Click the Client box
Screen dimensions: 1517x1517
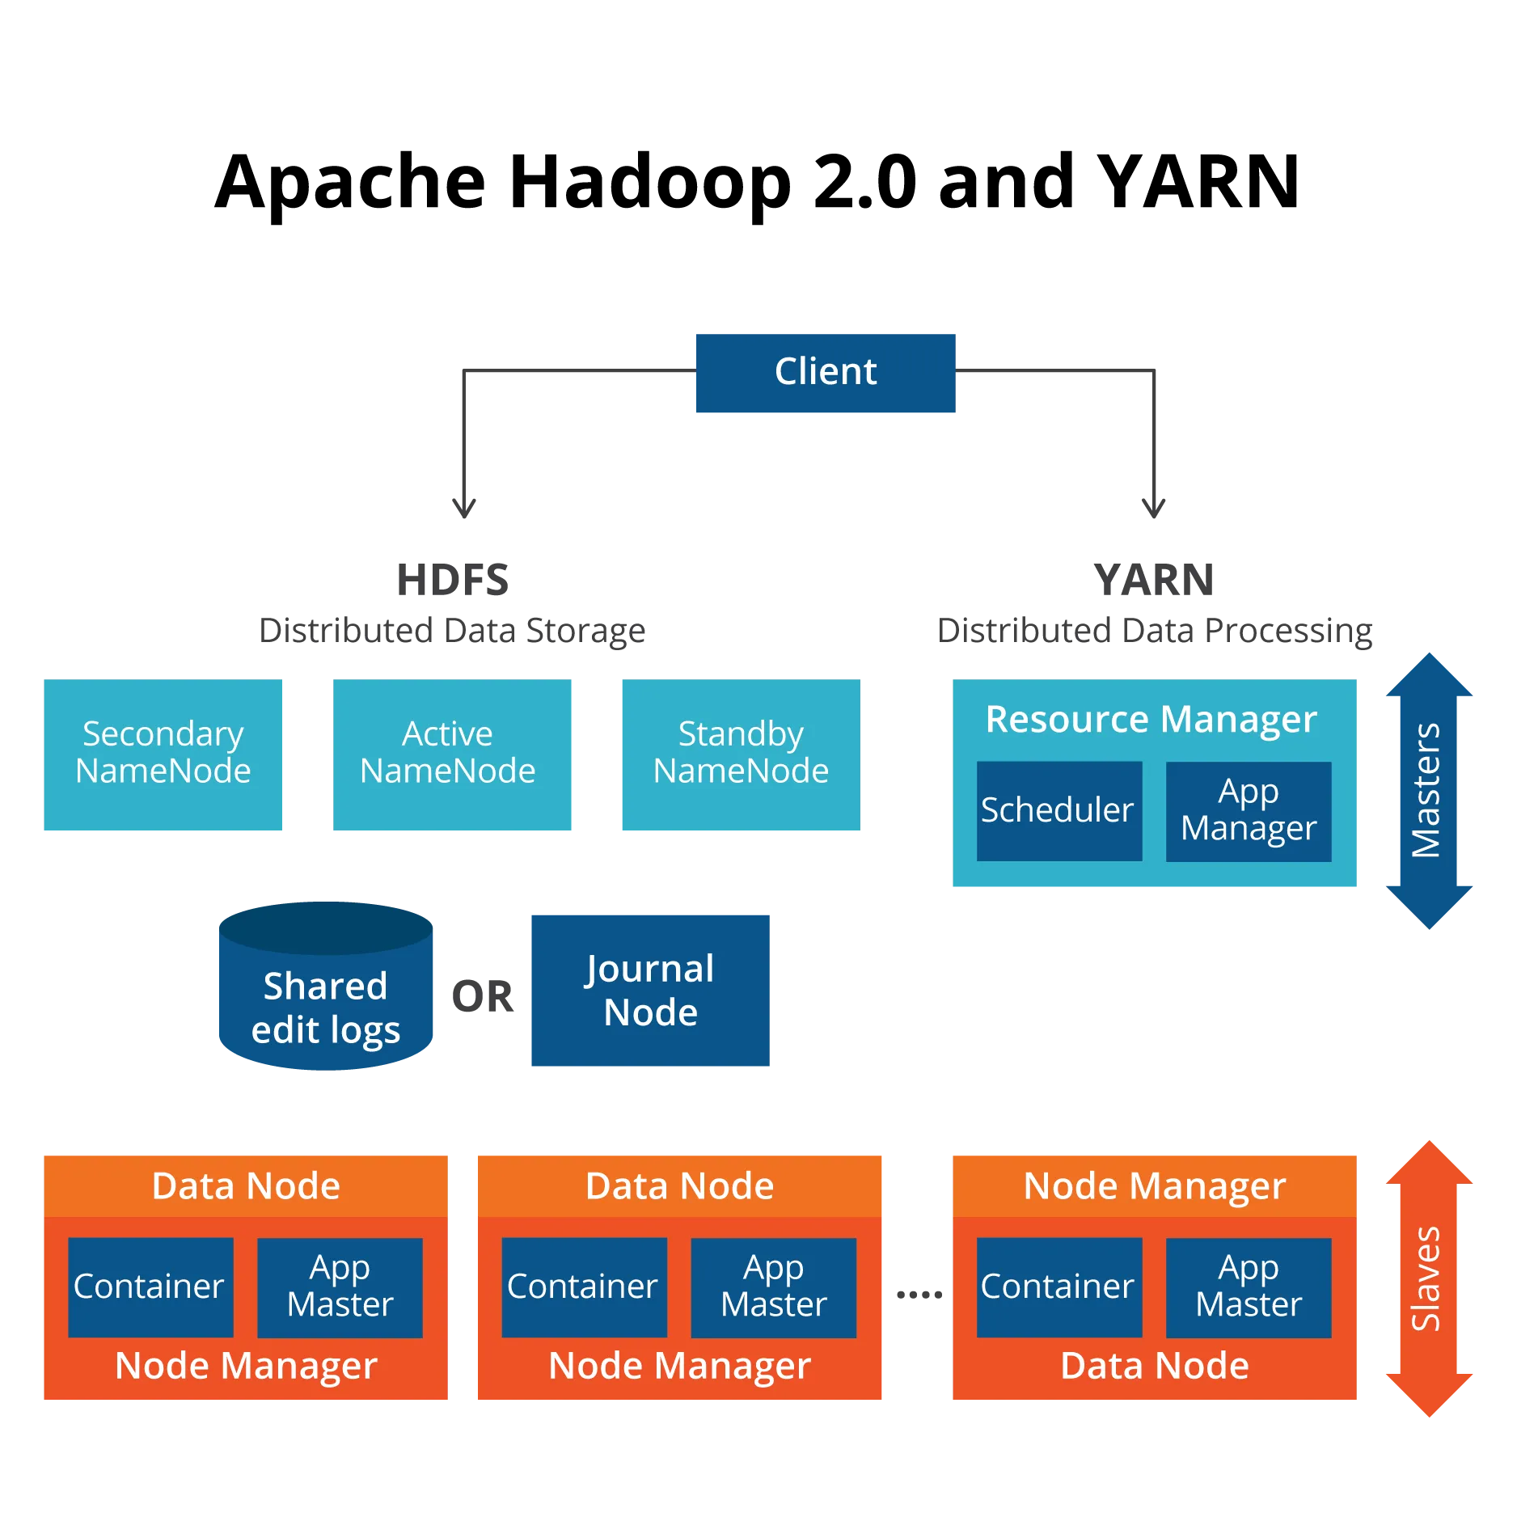pos(826,373)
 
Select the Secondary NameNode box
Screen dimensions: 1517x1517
pos(163,754)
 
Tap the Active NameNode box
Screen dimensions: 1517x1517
pos(452,754)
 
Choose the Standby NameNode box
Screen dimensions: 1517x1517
pos(741,754)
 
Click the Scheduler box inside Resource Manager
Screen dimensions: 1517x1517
pos(1059,810)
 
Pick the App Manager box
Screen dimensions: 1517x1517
pos(1249,811)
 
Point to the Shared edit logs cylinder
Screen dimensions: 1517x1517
pos(326,986)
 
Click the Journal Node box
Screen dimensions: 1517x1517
pos(650,991)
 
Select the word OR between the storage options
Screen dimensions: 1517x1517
pos(483,996)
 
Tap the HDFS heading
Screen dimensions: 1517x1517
pos(453,580)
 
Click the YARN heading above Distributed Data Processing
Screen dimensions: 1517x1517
pos(1154,580)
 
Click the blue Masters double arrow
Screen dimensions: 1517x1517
pos(1429,791)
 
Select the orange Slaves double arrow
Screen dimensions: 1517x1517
pos(1429,1278)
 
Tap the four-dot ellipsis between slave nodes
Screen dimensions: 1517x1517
pos(919,1295)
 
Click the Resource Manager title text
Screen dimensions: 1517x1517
pos(1151,719)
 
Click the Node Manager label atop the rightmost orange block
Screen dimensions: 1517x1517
pos(1155,1186)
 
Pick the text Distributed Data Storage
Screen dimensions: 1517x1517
pos(452,631)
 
